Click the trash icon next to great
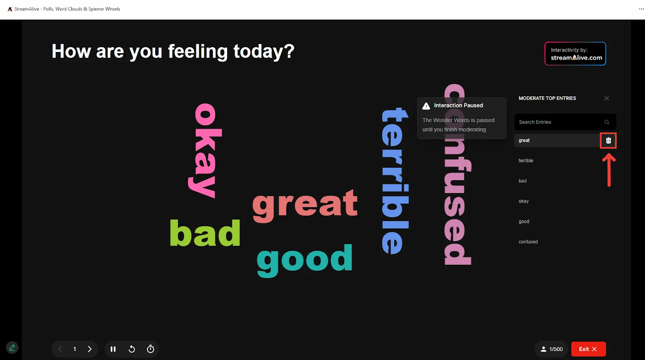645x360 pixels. tap(608, 141)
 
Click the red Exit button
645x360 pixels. tap(588, 349)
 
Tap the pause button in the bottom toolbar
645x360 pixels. tap(113, 349)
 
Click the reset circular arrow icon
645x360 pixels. tap(131, 349)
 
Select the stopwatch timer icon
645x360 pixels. tap(150, 349)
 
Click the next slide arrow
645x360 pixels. tap(89, 349)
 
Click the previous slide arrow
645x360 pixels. tap(60, 349)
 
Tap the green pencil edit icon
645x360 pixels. tap(12, 348)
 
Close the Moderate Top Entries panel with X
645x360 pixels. tap(607, 98)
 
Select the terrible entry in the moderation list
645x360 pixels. tap(526, 161)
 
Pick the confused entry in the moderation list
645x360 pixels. tap(528, 242)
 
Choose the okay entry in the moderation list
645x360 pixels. tap(524, 201)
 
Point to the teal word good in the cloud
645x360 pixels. tap(304, 260)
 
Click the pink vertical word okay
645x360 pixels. tap(205, 151)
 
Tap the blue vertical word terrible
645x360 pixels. tap(395, 181)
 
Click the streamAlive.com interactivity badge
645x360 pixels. tap(575, 54)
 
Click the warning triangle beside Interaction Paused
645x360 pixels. tap(426, 106)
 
